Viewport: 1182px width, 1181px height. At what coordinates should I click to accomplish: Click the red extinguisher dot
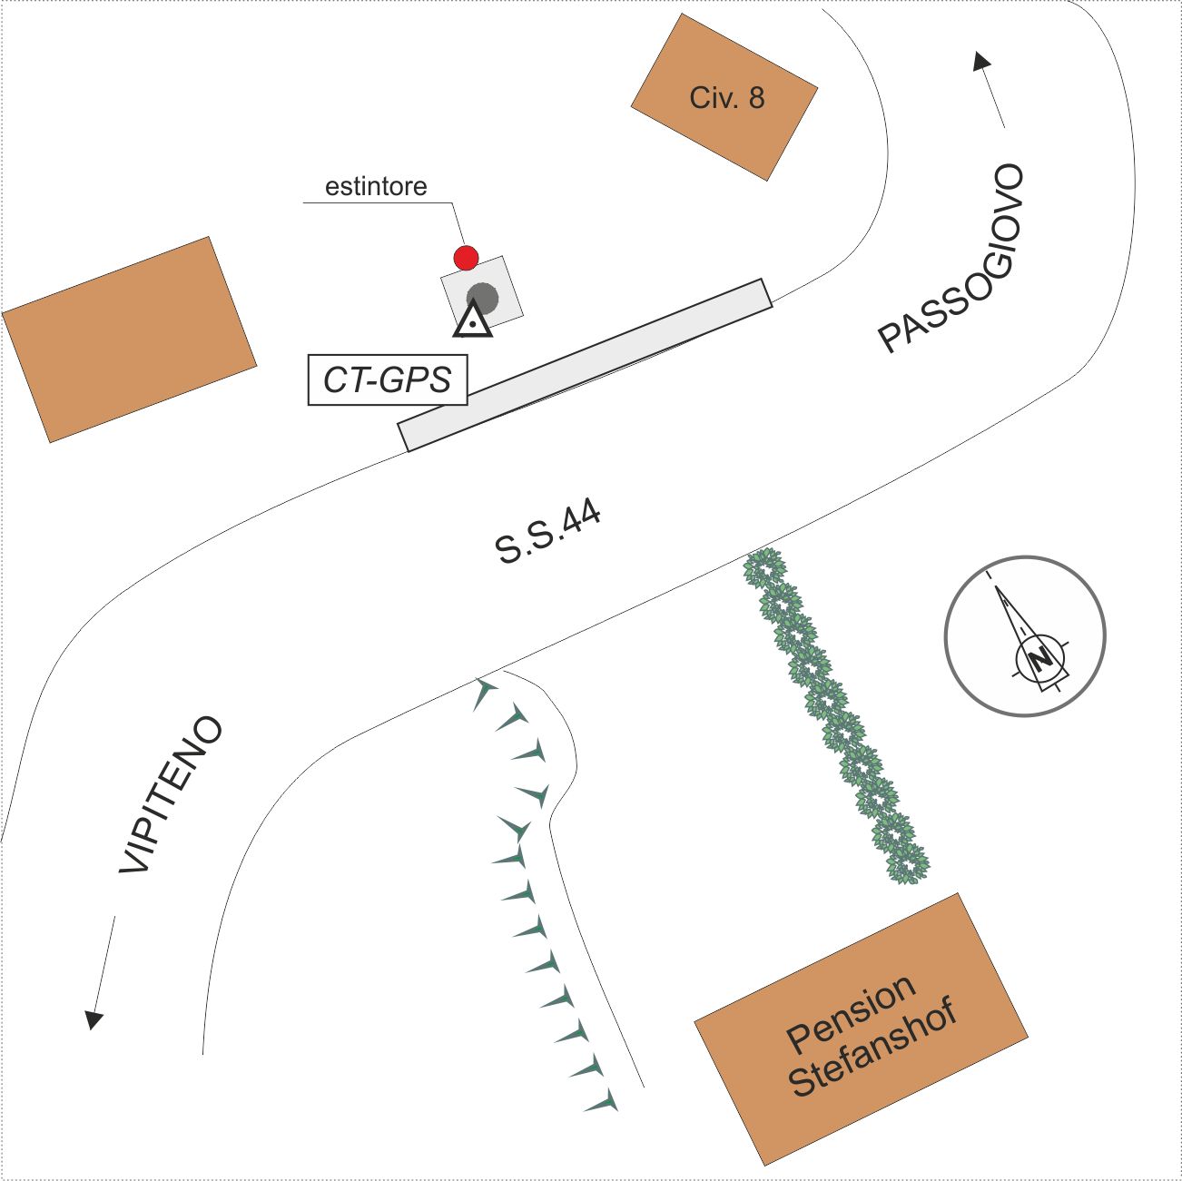(x=466, y=258)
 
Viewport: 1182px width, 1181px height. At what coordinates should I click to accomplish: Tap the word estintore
(x=376, y=186)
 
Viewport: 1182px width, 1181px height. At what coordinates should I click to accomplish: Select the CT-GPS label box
(x=387, y=379)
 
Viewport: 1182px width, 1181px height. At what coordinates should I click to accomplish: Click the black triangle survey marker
(x=472, y=320)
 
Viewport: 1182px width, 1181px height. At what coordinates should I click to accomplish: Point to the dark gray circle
(x=483, y=298)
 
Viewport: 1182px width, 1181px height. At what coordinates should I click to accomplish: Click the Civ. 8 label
(x=727, y=97)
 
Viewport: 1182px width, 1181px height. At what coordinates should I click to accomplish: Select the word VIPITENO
(x=171, y=794)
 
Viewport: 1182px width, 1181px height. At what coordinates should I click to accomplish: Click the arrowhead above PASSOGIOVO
(x=981, y=62)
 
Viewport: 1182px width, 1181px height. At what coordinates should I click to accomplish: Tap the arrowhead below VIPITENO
(x=94, y=1019)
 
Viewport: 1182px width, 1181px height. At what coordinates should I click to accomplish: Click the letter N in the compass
(x=1039, y=660)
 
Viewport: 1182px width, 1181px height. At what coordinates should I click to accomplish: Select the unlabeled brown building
(x=130, y=340)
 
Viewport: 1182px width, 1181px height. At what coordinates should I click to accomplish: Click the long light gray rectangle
(x=585, y=365)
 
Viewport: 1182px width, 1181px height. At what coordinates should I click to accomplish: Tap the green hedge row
(x=837, y=716)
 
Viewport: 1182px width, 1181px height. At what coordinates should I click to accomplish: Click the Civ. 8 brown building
(x=724, y=97)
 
